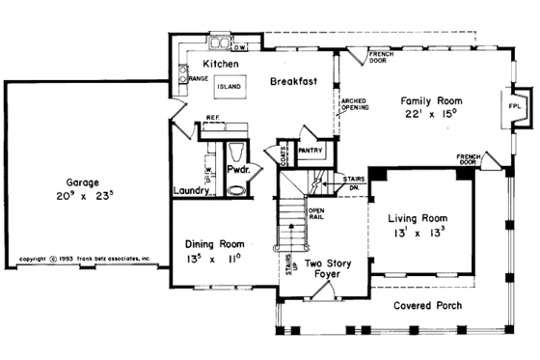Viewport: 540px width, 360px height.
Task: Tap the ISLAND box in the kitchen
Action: pos(229,86)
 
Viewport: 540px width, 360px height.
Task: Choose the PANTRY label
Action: pos(310,151)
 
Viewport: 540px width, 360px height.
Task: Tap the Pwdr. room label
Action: pos(238,169)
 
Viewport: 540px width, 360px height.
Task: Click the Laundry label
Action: pos(192,191)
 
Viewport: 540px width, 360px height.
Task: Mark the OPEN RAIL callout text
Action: pos(315,214)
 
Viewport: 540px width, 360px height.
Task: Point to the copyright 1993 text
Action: pos(86,259)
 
